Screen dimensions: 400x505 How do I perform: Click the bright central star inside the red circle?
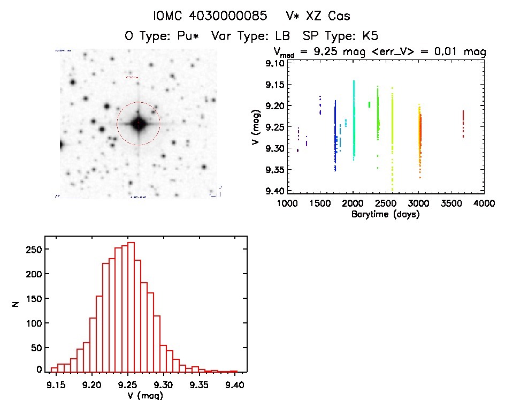[x=139, y=124]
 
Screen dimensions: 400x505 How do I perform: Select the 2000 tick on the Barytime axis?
[x=353, y=203]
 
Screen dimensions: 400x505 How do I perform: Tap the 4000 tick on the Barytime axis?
[x=484, y=203]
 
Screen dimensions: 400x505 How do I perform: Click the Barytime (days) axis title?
[x=385, y=214]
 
